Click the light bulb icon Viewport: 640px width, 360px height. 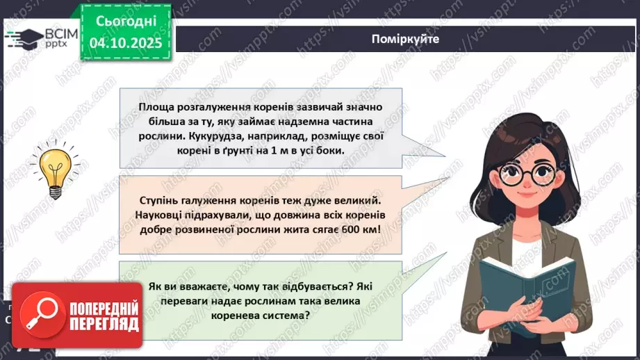tap(56, 167)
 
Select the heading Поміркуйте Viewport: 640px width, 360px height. tap(405, 39)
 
